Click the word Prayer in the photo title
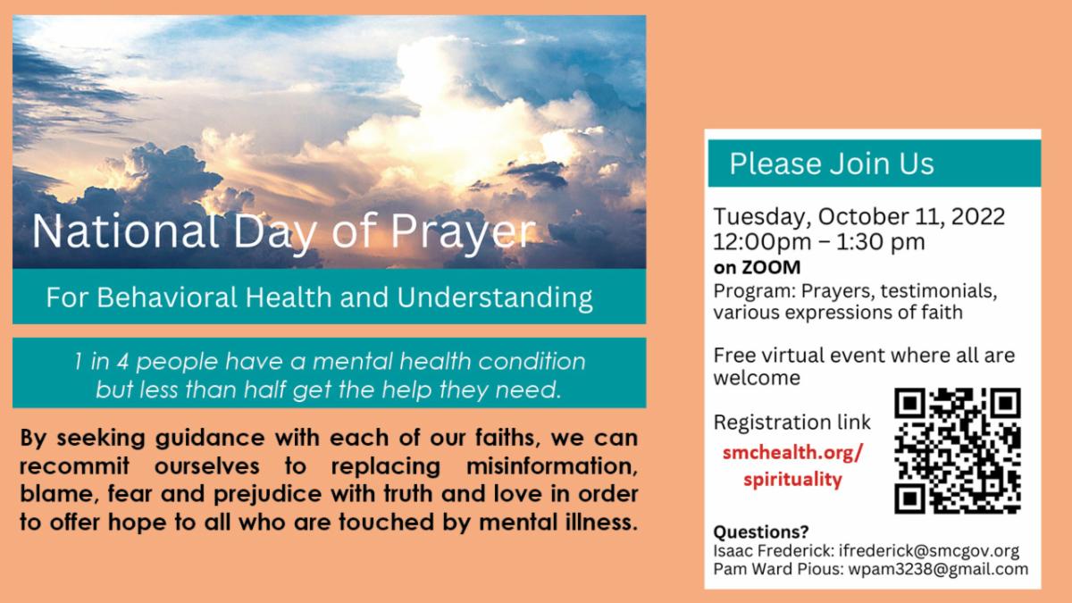coord(464,232)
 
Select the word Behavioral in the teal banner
coord(167,297)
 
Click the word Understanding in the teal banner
coord(495,298)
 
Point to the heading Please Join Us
coord(832,163)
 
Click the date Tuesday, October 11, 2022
coord(858,217)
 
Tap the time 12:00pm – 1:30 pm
coord(819,242)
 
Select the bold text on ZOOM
coord(757,267)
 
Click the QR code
coord(958,450)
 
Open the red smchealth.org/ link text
coord(792,452)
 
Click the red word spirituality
coord(792,480)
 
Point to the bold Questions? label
coord(761,532)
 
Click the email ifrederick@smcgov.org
coord(929,551)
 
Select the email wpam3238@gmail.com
coord(939,569)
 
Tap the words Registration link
coord(792,423)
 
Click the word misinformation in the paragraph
coord(552,466)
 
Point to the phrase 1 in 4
coord(102,361)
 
